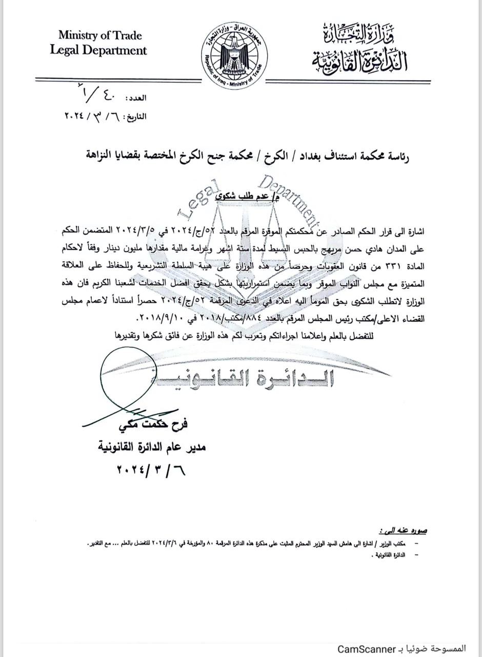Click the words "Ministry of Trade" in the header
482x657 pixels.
point(100,36)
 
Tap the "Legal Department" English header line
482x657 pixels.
point(98,50)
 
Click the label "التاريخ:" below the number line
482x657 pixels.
point(132,117)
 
